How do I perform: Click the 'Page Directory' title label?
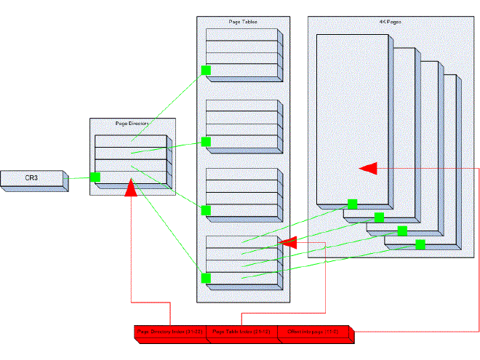click(132, 124)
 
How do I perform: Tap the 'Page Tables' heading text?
click(243, 23)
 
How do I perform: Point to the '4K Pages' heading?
click(390, 23)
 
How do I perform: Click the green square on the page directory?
click(95, 177)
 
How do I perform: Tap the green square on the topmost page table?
click(206, 71)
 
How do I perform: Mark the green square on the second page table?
click(206, 141)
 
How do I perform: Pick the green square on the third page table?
click(206, 210)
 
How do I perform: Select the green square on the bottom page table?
click(206, 278)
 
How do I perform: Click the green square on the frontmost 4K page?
click(352, 204)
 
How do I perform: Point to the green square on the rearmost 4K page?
click(420, 244)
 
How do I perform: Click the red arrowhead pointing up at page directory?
click(132, 189)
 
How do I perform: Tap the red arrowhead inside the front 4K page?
click(369, 168)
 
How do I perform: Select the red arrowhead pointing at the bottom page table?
click(287, 242)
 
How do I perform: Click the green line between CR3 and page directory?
click(79, 178)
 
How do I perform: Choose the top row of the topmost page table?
click(242, 35)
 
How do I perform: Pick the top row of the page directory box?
click(131, 141)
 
